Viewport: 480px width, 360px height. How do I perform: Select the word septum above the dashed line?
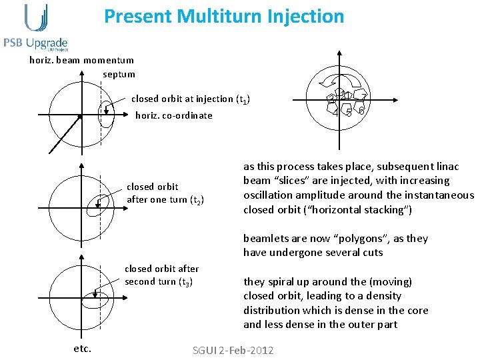coord(119,74)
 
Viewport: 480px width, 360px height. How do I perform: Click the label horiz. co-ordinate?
coord(174,115)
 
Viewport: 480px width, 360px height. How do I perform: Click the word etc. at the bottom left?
coord(82,348)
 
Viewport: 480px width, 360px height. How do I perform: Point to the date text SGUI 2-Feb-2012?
coord(233,351)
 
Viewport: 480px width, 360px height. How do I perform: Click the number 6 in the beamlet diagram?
coord(361,110)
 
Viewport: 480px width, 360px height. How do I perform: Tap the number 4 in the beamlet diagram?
coord(337,111)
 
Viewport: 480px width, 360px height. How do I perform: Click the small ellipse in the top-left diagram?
coord(105,115)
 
